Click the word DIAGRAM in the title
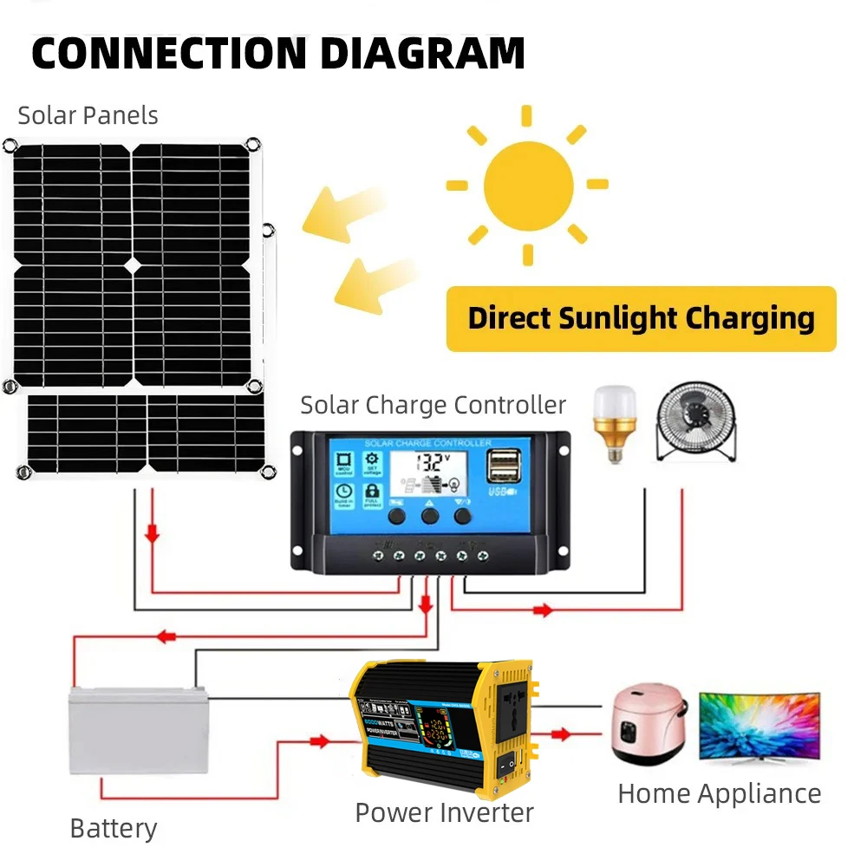[x=421, y=53]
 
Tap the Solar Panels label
[x=88, y=115]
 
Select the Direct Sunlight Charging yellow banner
[x=641, y=318]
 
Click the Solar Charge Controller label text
[x=433, y=405]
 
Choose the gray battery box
[x=139, y=729]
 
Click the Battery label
[x=113, y=829]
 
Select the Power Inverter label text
[x=444, y=812]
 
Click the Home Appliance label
[x=719, y=793]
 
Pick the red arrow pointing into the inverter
[x=319, y=741]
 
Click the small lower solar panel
[x=145, y=433]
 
